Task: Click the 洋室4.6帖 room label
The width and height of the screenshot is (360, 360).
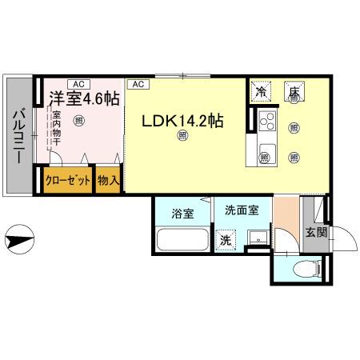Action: (84, 99)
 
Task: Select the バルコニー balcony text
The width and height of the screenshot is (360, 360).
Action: (18, 137)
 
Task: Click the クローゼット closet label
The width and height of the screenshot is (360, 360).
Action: (67, 181)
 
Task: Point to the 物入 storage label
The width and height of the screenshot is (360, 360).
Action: (109, 181)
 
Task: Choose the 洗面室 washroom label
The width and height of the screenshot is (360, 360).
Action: (241, 212)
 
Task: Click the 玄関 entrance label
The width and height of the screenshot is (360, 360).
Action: (315, 233)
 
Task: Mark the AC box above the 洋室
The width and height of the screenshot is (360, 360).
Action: (79, 83)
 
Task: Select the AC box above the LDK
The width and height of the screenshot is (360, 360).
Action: (138, 83)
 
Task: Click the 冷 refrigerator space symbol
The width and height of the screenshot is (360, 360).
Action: (261, 93)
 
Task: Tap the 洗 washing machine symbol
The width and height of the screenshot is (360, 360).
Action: (227, 238)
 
